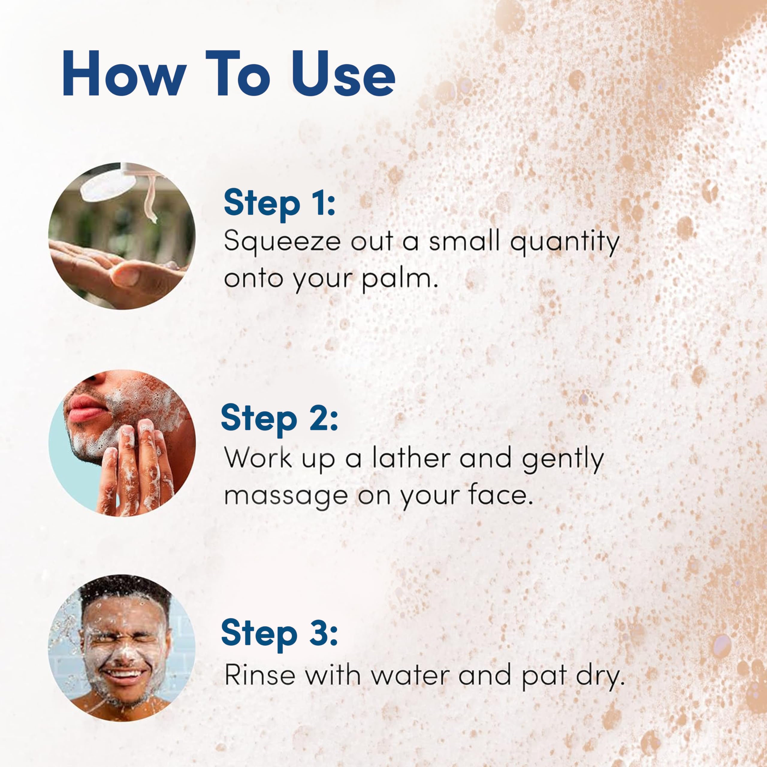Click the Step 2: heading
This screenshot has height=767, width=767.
click(279, 418)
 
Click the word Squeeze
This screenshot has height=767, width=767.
click(282, 242)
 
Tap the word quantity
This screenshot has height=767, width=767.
click(564, 242)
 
